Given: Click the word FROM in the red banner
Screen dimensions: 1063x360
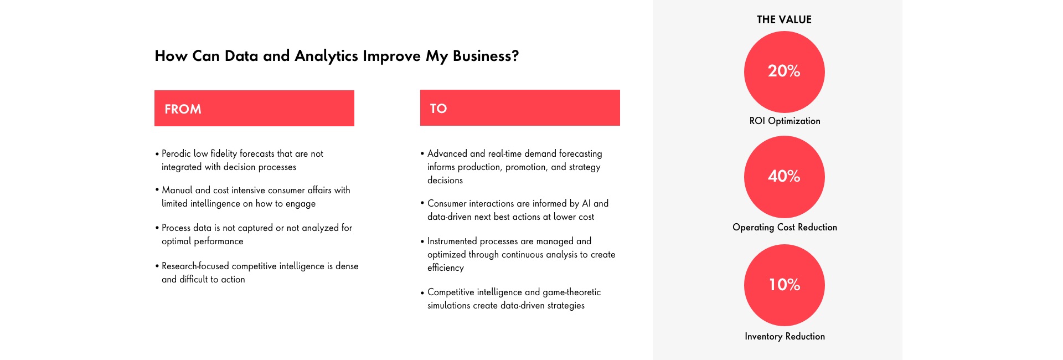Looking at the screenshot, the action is (183, 109).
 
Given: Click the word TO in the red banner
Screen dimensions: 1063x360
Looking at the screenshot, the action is (438, 109).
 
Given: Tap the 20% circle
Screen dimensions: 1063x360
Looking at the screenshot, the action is (785, 72).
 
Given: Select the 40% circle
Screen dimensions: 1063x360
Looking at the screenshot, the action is (785, 177).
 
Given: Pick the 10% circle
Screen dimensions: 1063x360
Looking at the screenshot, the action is (785, 285).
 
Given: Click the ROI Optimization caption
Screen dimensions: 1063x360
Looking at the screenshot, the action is (785, 121).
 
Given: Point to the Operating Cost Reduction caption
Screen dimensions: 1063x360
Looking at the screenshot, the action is (785, 228).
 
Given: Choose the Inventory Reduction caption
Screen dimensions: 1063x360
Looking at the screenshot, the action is (785, 337).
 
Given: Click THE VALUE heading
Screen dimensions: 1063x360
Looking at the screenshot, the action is (784, 20).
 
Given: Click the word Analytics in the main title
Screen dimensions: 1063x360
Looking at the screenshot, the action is (326, 56).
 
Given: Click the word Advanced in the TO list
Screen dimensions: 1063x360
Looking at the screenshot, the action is (447, 154).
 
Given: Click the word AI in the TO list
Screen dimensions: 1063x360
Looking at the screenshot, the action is (586, 204).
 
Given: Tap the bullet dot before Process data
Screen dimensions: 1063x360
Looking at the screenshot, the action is (157, 228).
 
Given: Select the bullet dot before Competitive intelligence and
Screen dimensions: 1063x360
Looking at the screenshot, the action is (422, 292).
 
